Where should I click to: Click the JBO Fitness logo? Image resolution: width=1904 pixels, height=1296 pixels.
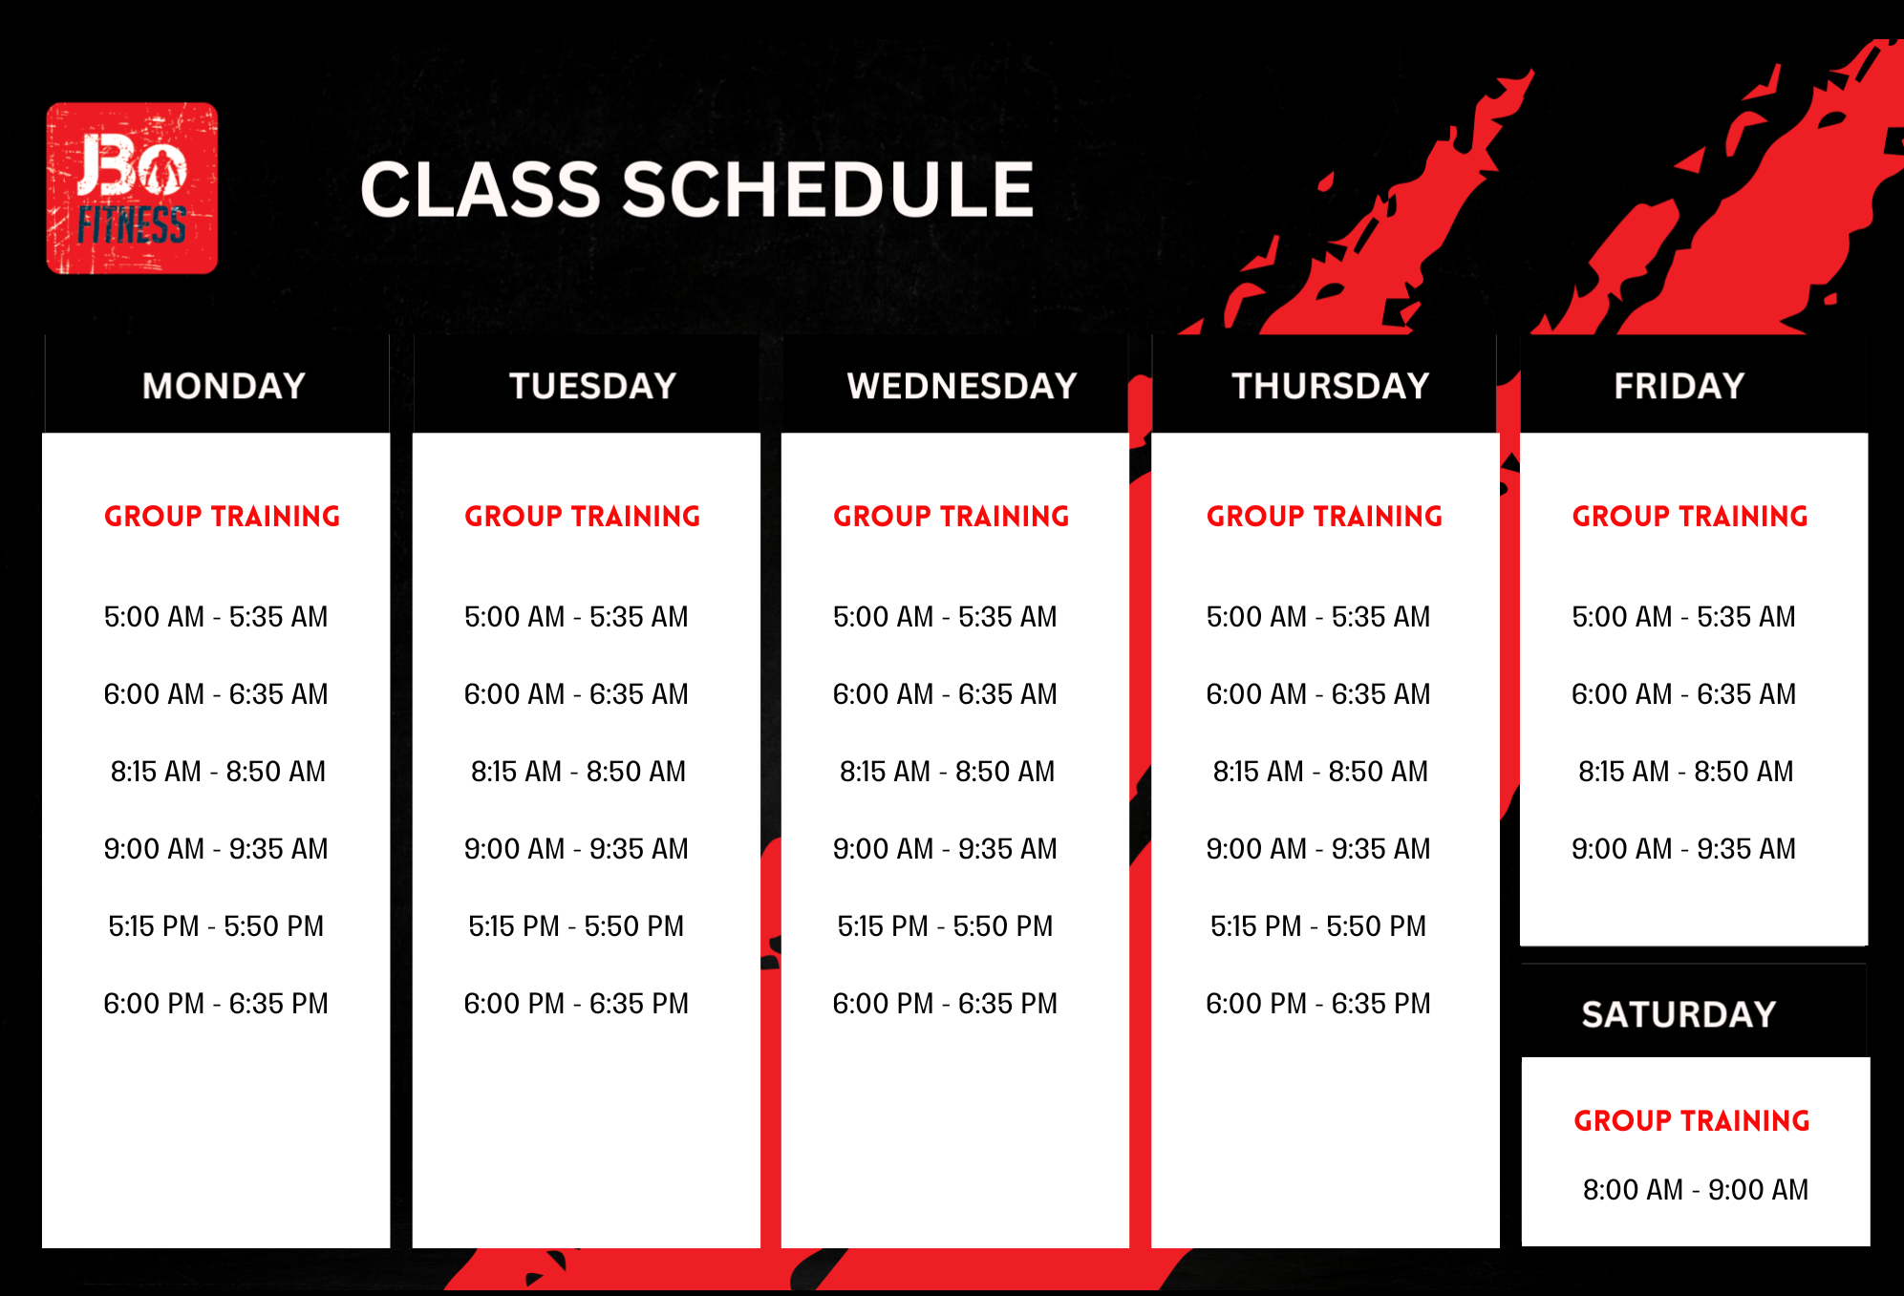[x=132, y=188]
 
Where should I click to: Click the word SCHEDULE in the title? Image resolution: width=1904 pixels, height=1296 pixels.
[x=829, y=189]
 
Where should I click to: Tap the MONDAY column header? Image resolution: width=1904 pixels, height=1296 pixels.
[x=224, y=386]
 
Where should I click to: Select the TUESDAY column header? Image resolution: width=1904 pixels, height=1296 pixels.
[x=592, y=386]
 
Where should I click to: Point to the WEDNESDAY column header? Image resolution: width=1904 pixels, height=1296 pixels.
[x=962, y=386]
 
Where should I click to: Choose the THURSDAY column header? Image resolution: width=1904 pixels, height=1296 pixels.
[x=1331, y=386]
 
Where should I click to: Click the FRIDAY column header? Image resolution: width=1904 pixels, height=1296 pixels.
[x=1679, y=386]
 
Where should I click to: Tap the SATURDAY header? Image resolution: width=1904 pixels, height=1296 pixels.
[x=1679, y=1014]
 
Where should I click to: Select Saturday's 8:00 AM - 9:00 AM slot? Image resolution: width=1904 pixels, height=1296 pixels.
[x=1696, y=1190]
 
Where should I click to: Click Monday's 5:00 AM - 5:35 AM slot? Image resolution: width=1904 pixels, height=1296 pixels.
[x=216, y=617]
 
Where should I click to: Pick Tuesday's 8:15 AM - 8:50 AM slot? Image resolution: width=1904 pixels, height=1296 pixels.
[x=578, y=772]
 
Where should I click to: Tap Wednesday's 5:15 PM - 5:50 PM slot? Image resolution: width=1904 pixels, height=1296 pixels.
[x=945, y=926]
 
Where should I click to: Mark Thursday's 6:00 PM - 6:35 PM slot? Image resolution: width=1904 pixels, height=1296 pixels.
[x=1318, y=1004]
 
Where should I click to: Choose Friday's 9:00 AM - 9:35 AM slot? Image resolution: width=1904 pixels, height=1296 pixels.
[x=1684, y=849]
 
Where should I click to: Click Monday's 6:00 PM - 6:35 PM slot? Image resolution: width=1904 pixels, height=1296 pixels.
[x=216, y=1004]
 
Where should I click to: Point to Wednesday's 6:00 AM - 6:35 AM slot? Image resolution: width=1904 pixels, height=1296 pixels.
[x=945, y=694]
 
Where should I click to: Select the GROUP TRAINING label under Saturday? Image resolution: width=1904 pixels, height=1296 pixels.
[x=1692, y=1120]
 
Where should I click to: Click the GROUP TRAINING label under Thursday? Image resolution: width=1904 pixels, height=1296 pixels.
[x=1324, y=517]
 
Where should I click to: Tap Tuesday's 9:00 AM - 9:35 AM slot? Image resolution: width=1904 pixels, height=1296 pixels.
[x=576, y=849]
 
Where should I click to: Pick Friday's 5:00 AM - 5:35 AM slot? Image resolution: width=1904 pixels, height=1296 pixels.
[x=1684, y=617]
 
